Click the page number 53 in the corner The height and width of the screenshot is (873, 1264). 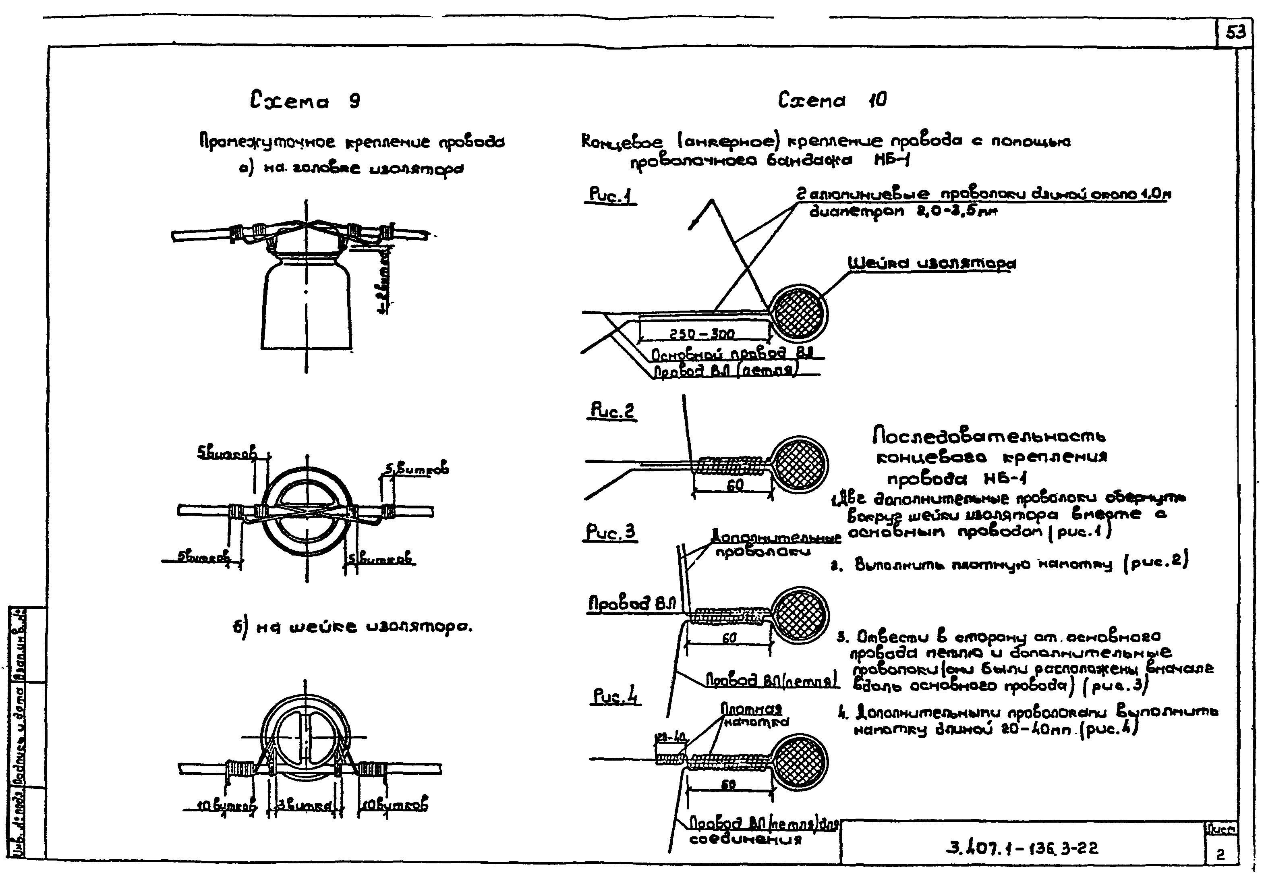(1235, 33)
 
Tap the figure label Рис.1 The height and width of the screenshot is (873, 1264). (610, 195)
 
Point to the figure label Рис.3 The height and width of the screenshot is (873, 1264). (611, 532)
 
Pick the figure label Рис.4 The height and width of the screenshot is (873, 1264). (616, 696)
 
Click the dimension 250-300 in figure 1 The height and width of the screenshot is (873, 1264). (702, 334)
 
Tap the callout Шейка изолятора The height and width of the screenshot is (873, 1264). (931, 263)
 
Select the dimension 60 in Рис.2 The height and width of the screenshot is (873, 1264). (735, 485)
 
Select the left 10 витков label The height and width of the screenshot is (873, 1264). (226, 806)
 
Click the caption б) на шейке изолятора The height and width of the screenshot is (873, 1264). (352, 627)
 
